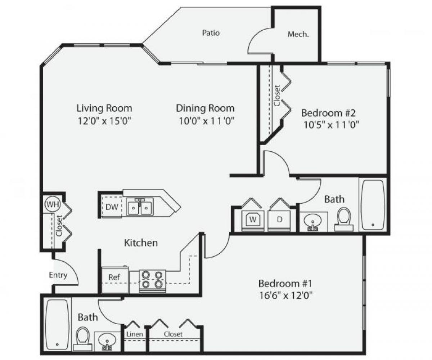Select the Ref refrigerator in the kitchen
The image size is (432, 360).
[x=114, y=277]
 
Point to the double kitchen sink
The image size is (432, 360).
[x=140, y=207]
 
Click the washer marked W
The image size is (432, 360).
[x=253, y=220]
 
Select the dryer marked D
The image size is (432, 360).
[x=280, y=220]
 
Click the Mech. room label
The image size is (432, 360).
[x=298, y=34]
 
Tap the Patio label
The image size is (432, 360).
[x=211, y=33]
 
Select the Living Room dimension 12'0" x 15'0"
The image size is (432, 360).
[x=104, y=121]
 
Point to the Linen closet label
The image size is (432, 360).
[x=134, y=334]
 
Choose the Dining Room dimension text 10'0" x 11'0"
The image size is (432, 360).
[x=207, y=121]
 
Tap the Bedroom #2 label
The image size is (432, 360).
[x=328, y=113]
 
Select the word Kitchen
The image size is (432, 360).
[x=141, y=243]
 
